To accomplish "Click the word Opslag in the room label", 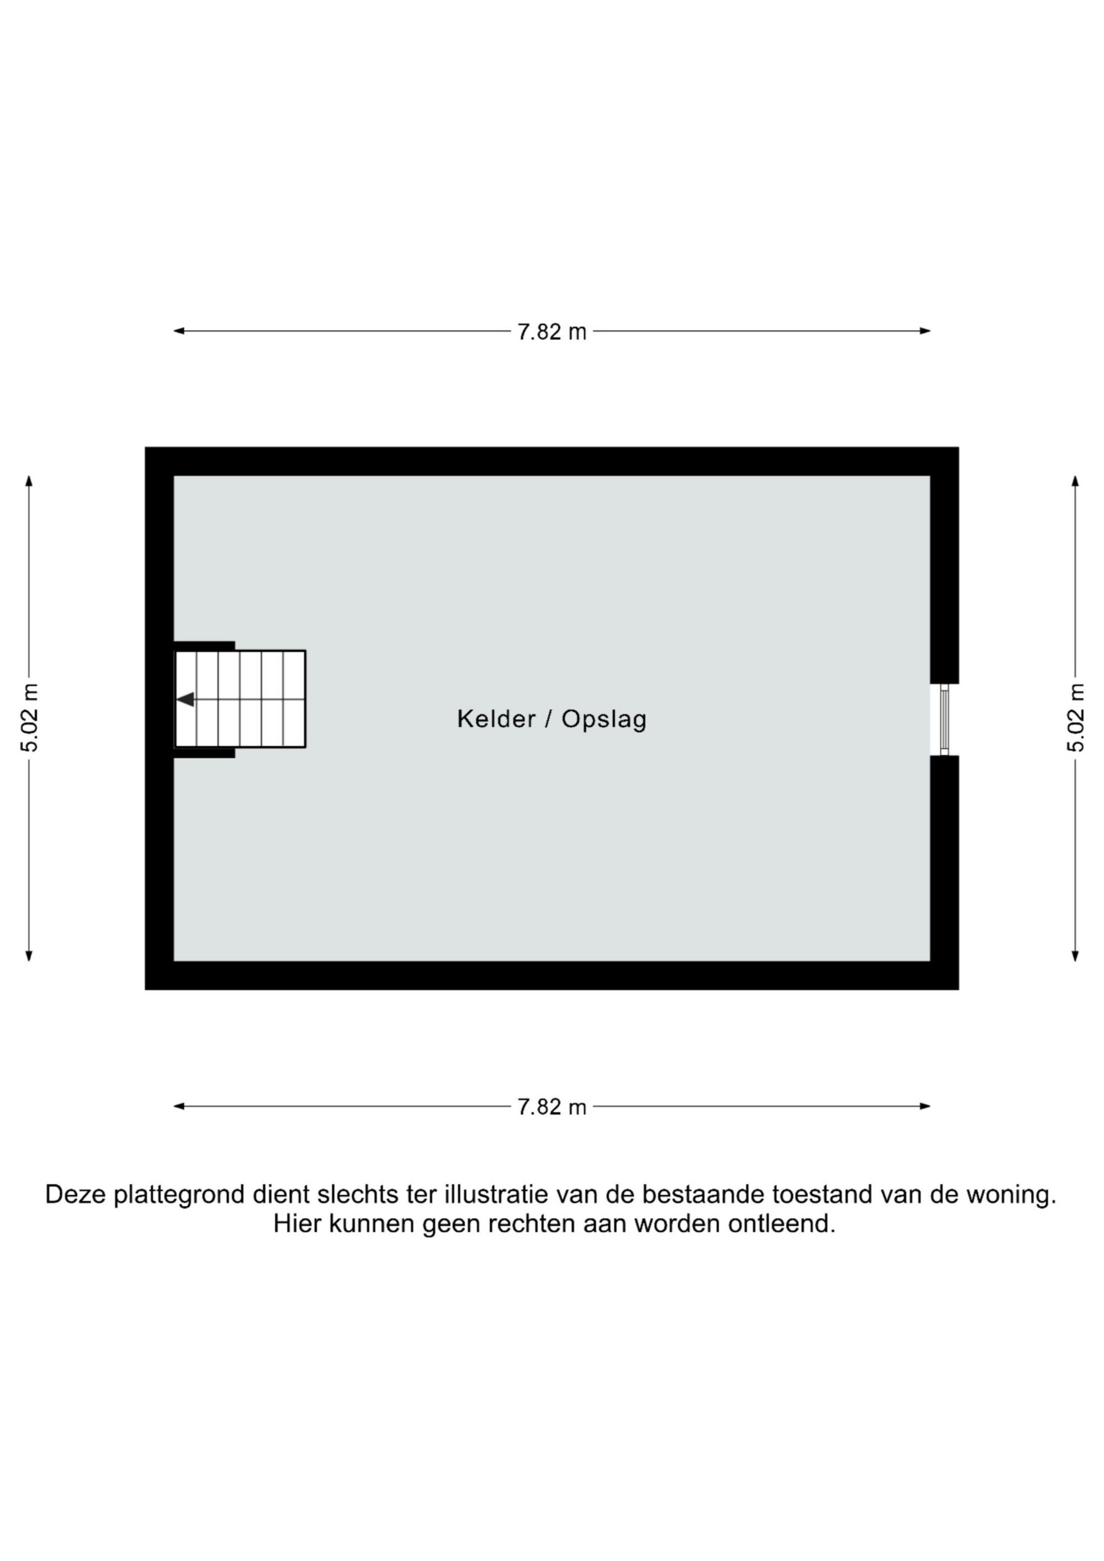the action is (x=604, y=720).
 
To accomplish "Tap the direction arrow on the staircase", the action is (x=185, y=699).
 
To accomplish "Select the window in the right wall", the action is (x=944, y=720).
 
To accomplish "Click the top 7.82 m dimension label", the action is (x=551, y=332).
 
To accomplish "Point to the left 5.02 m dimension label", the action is (x=30, y=717).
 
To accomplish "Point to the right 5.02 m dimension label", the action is (x=1075, y=717).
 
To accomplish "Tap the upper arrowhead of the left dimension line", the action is (x=29, y=481).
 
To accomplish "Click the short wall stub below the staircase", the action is (x=204, y=753).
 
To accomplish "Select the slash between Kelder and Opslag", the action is (x=548, y=720).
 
